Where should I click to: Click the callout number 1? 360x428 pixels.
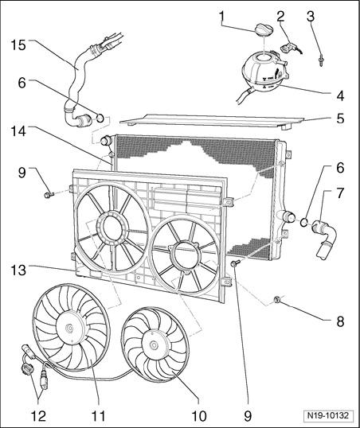[x=221, y=17]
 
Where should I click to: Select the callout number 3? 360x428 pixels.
[x=311, y=17]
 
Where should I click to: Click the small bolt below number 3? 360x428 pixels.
[x=321, y=62]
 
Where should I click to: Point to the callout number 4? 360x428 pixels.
[x=340, y=95]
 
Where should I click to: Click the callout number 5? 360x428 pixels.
[x=340, y=119]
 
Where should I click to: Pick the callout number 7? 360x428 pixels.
[x=340, y=193]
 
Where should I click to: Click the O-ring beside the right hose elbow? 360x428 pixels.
[x=304, y=223]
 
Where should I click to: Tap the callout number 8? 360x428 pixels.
[x=340, y=321]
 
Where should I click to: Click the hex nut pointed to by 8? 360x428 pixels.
[x=276, y=301]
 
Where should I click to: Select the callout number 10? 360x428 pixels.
[x=199, y=416]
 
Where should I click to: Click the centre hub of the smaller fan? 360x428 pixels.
[x=155, y=345]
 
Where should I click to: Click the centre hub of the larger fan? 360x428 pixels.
[x=70, y=329]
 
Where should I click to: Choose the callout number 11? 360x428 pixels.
[x=99, y=416]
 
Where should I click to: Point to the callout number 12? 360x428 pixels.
[x=38, y=416]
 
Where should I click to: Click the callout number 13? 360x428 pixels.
[x=18, y=270]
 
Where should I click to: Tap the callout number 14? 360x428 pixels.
[x=18, y=131]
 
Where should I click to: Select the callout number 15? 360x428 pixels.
[x=18, y=45]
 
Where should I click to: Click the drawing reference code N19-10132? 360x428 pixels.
[x=328, y=416]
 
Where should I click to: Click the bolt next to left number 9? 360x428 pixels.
[x=49, y=195]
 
